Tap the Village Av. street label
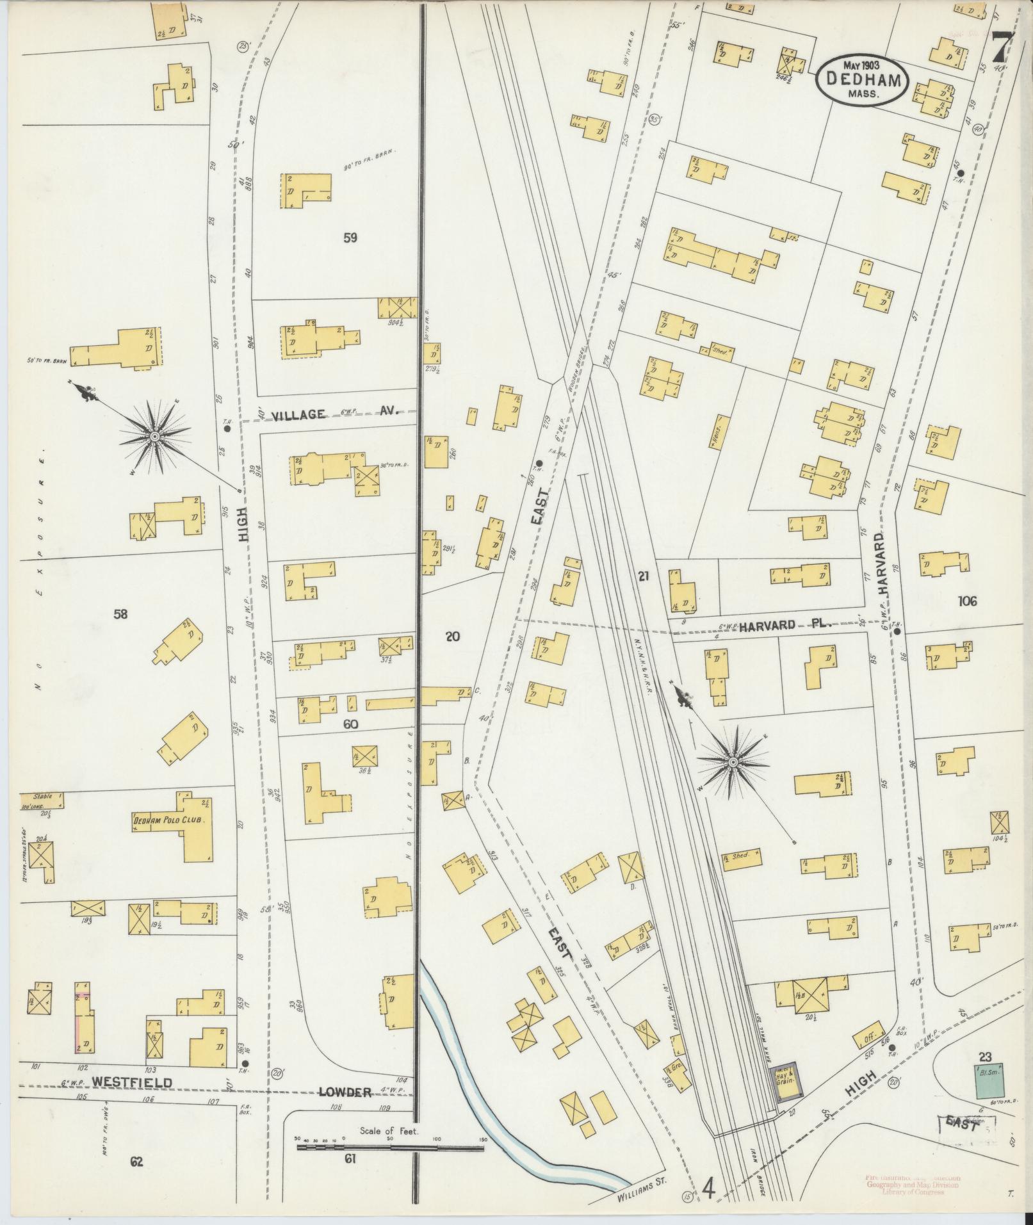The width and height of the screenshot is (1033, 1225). (334, 414)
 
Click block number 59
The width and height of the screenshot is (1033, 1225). (350, 238)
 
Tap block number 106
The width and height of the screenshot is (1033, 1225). (967, 601)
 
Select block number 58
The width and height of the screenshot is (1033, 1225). (120, 615)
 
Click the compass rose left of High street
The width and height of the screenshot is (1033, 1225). (154, 437)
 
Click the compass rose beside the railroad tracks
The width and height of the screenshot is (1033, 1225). (733, 761)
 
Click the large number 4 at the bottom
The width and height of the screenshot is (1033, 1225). (708, 1188)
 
